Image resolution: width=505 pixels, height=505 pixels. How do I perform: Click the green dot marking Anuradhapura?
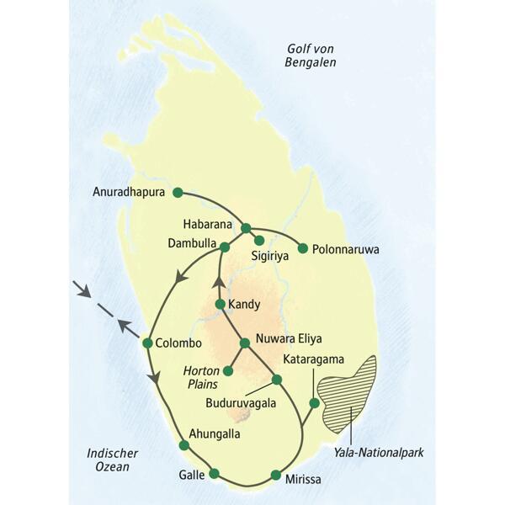(177, 192)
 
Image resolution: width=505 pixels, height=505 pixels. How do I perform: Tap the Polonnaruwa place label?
(346, 250)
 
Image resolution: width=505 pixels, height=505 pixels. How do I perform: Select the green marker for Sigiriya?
(259, 240)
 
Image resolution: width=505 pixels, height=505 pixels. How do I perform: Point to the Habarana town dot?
(246, 227)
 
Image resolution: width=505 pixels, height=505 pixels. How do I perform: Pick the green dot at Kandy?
(220, 304)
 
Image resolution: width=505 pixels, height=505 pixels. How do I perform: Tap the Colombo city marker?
(148, 343)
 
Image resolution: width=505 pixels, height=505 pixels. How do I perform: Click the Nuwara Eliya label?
(290, 343)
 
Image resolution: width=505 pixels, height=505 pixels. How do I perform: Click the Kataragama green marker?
(314, 403)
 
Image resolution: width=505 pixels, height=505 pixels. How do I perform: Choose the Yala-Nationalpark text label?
(379, 452)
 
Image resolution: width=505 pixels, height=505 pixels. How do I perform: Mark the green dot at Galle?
(214, 473)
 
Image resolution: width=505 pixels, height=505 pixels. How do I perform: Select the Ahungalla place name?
(215, 434)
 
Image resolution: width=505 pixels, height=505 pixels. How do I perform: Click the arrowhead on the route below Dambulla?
(179, 279)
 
